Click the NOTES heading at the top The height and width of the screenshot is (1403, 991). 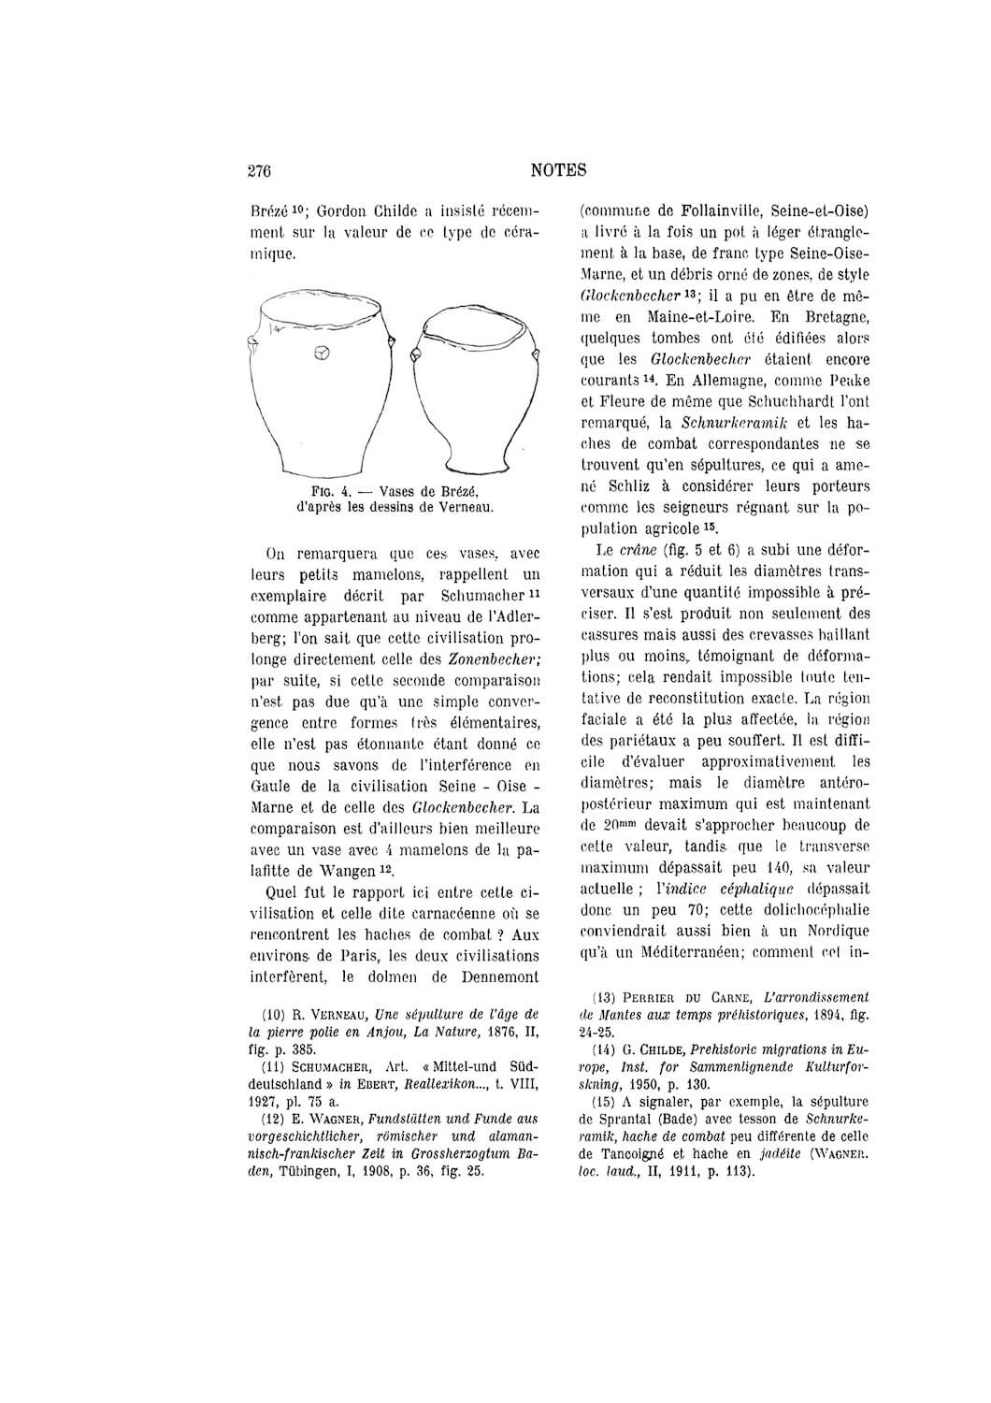[x=558, y=170]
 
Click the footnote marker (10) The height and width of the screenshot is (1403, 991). [x=272, y=1014]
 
